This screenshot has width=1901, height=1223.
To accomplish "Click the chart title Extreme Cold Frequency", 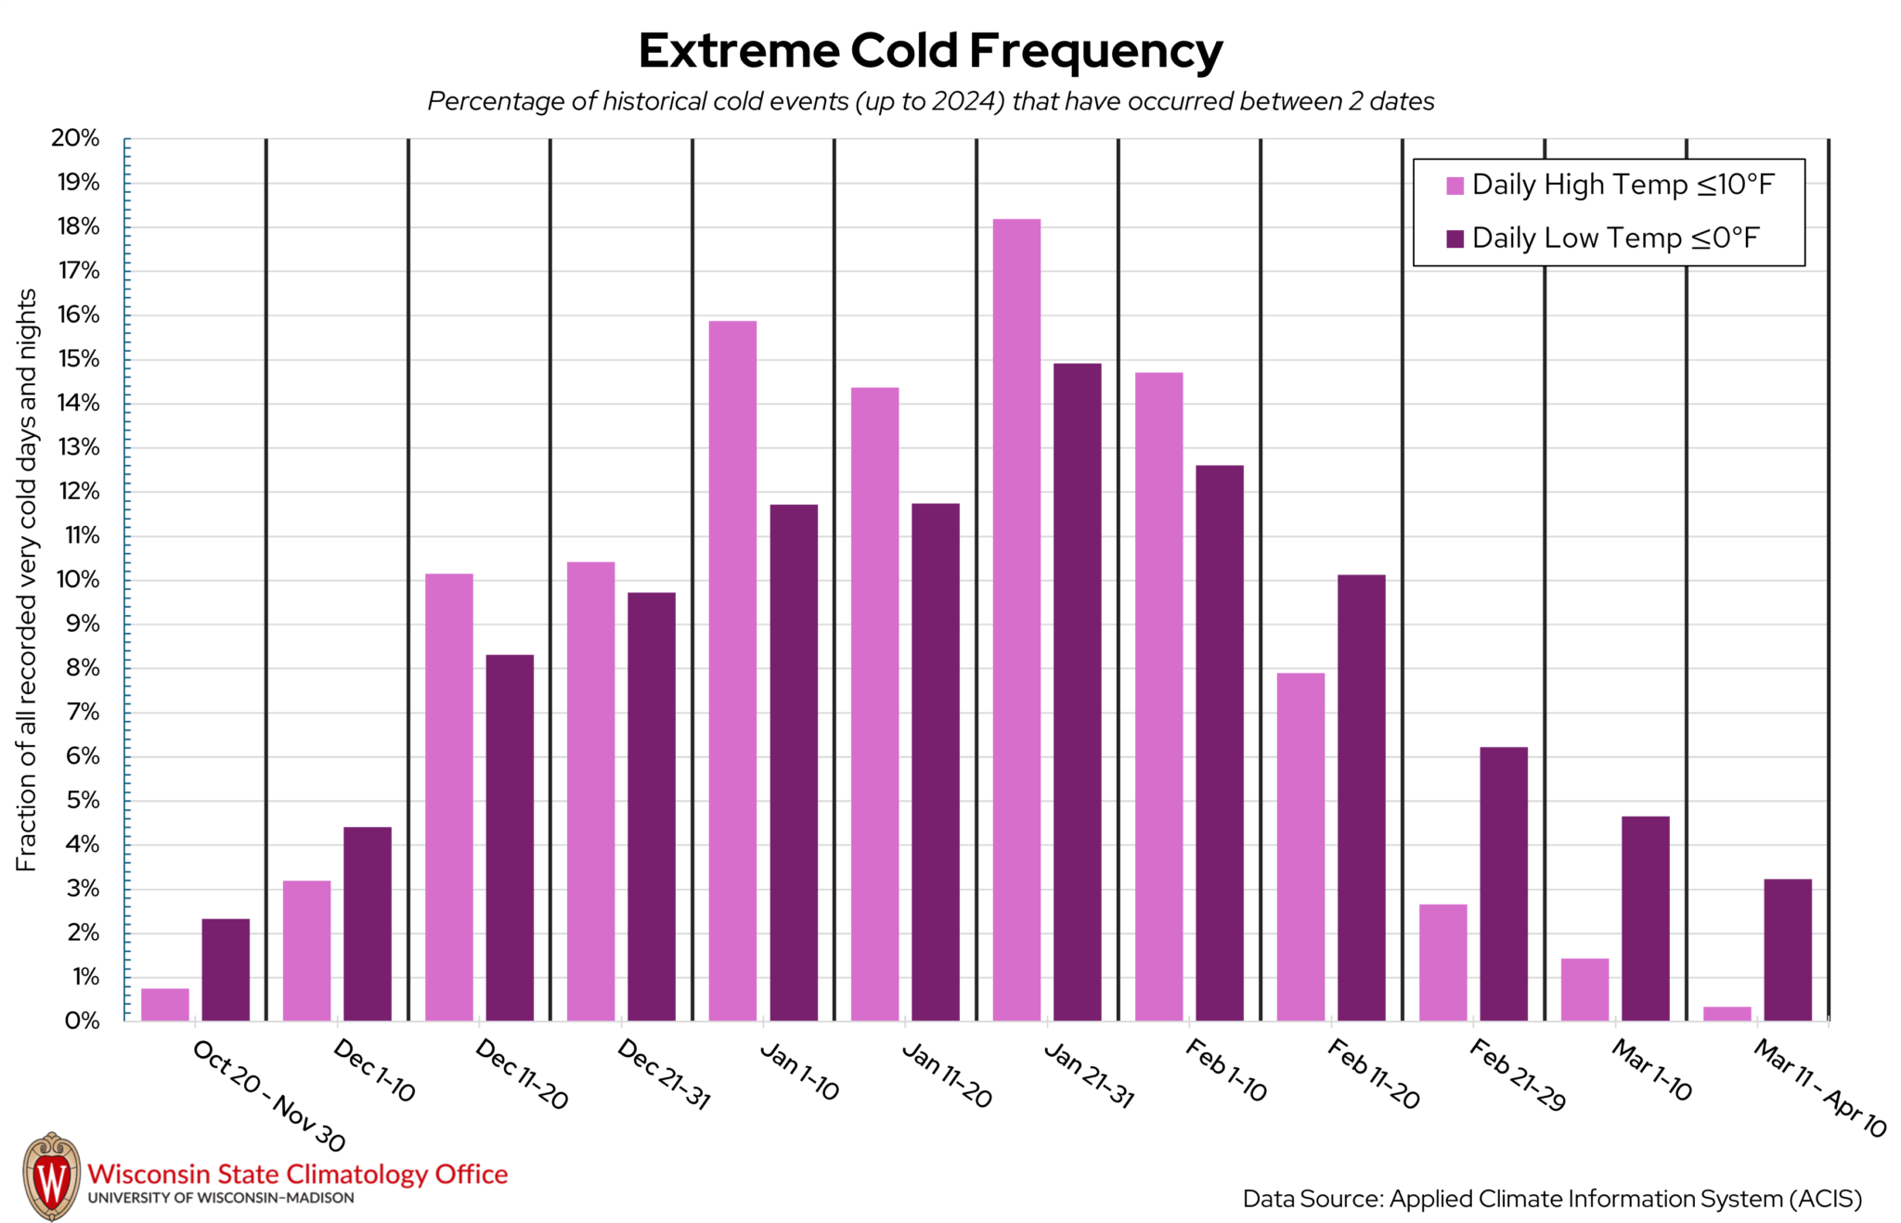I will [930, 51].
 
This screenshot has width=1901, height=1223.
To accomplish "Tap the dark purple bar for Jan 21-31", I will [1077, 691].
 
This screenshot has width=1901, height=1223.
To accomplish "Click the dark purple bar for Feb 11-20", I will [1361, 798].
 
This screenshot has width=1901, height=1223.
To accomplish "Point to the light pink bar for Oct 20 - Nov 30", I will [165, 1005].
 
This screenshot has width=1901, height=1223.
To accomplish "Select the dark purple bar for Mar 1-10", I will [1645, 919].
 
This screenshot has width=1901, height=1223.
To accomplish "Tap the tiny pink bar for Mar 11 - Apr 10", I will [1726, 1014].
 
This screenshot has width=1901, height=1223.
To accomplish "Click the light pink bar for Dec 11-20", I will [448, 798].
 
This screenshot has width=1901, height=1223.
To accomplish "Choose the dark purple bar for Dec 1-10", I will [368, 923].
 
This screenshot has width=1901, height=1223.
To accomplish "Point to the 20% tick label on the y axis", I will [75, 138].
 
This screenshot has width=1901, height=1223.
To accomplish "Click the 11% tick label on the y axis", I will [81, 535].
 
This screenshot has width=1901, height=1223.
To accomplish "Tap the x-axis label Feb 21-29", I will [1517, 1075].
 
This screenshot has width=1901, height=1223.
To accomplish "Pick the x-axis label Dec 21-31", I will [663, 1075].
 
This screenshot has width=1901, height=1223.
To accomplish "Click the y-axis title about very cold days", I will [26, 580].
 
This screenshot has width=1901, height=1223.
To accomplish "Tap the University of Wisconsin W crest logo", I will [51, 1176].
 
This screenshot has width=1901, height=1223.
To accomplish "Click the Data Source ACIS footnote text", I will [1552, 1199].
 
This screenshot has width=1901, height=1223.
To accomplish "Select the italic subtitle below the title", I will [930, 101].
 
